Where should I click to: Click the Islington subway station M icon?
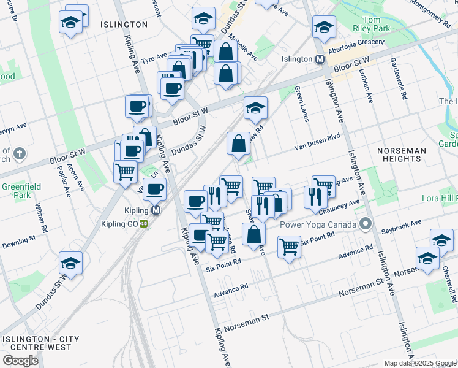[319, 59]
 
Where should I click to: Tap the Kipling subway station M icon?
[156, 210]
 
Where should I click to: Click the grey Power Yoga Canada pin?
[366, 224]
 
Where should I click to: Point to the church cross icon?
[19, 153]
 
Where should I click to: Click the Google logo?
[20, 360]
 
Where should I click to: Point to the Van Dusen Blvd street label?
[317, 142]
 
